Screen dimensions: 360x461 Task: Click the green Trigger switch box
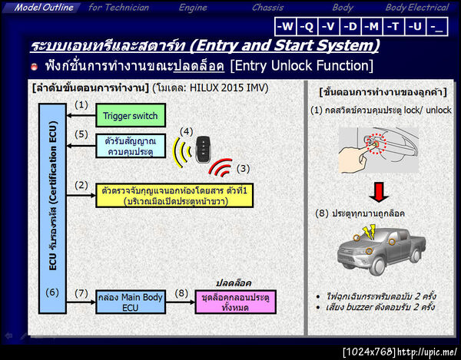click(x=129, y=117)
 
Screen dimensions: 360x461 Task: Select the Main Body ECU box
click(x=129, y=302)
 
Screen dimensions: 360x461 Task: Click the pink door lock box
click(x=235, y=302)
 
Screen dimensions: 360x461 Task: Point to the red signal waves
click(x=223, y=167)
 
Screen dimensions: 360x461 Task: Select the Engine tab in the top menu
click(x=193, y=8)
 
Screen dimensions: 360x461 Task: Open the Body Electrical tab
click(x=416, y=8)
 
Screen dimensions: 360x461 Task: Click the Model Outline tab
click(x=44, y=8)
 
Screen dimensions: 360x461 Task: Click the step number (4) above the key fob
click(x=186, y=131)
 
